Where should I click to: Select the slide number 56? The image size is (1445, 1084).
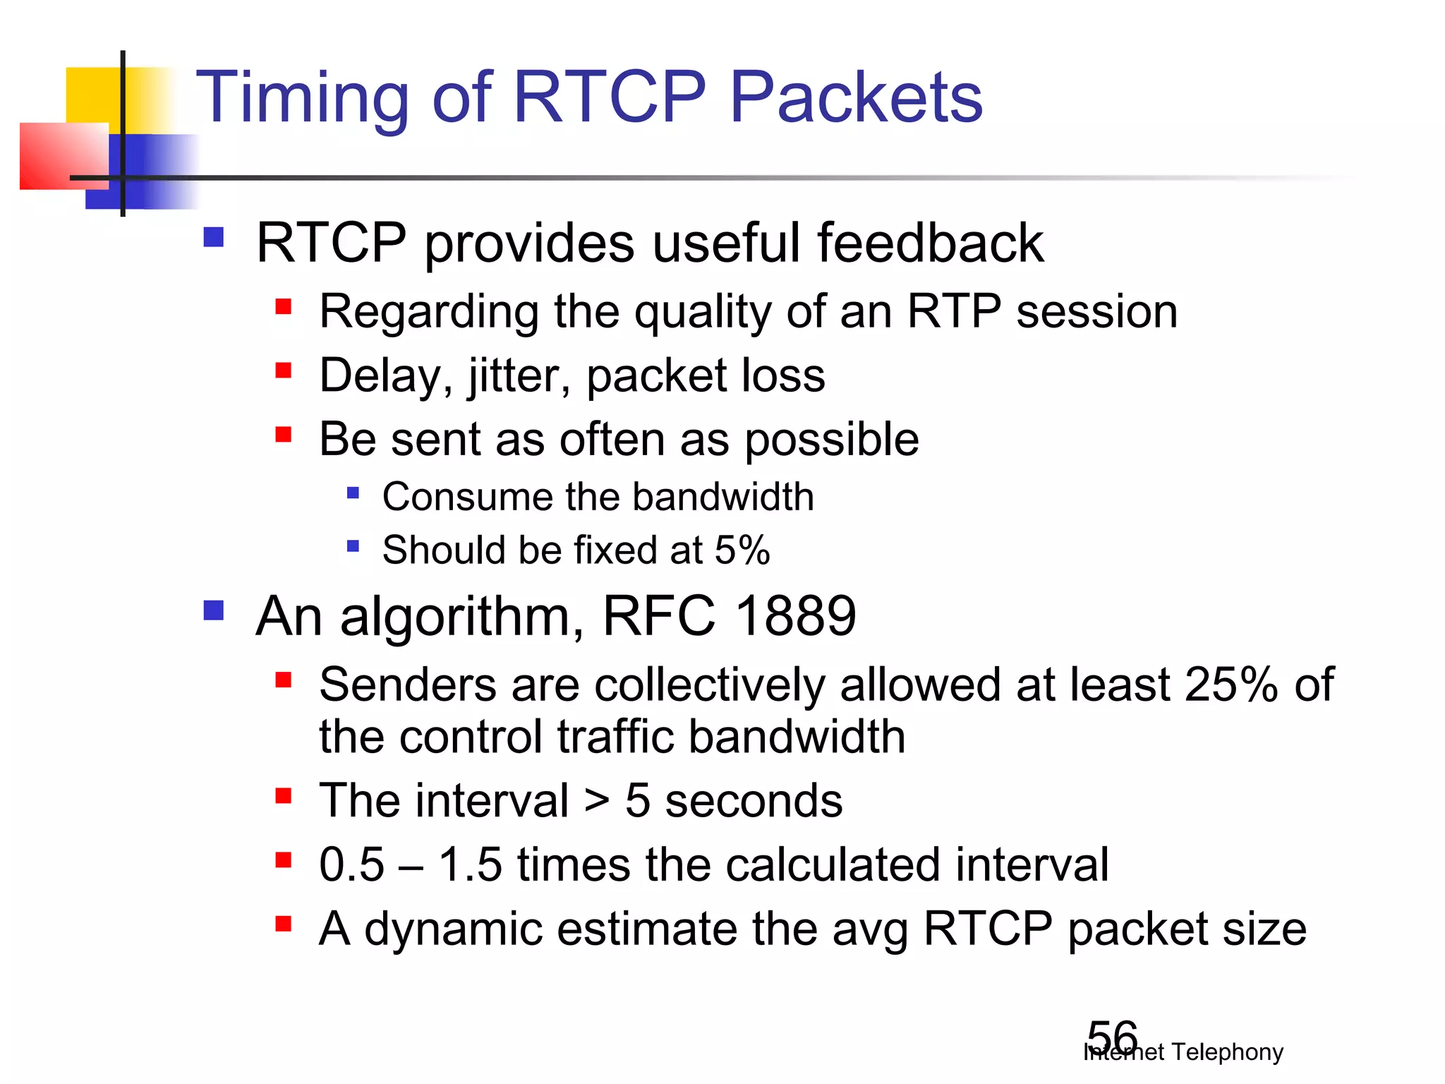point(1112,1037)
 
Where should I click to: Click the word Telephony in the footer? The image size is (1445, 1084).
point(1227,1052)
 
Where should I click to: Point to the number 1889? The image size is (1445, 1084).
point(795,616)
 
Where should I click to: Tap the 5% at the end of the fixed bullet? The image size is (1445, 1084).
point(742,550)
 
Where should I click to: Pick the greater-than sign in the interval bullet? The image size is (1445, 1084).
point(597,802)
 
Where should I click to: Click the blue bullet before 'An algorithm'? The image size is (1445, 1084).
point(213,610)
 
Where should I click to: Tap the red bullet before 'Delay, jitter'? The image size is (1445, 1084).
point(284,371)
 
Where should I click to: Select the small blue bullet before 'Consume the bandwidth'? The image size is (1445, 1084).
point(353,493)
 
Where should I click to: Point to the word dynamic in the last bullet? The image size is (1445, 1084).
point(453,929)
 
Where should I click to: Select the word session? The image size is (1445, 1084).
point(1096,311)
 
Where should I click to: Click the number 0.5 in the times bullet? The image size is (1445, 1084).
point(351,865)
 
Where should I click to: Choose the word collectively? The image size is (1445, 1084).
point(709,685)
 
